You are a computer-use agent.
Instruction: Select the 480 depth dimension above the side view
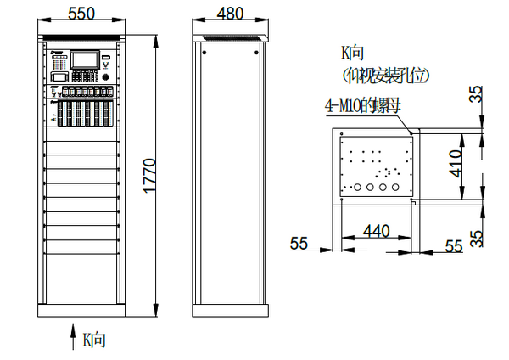230,14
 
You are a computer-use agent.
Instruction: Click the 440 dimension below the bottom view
377,231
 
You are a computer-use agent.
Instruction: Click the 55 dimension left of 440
299,244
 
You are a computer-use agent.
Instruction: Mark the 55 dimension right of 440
454,245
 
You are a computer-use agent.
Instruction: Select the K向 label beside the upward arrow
93,340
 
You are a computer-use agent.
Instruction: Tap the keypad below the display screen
82,90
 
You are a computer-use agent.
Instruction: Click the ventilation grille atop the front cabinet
82,37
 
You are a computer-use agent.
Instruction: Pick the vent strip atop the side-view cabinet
229,37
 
